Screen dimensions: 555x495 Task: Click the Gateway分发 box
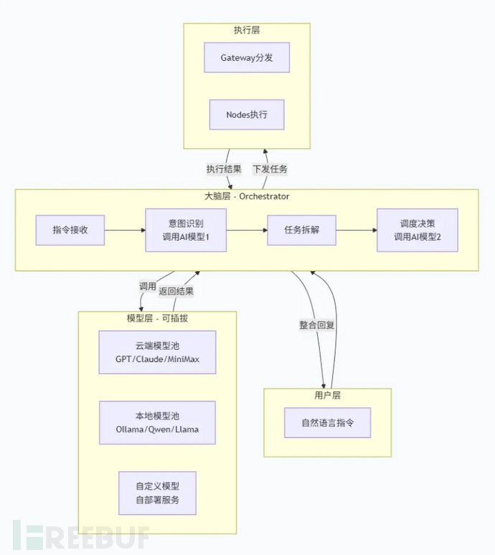click(x=247, y=58)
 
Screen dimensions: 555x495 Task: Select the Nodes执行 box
click(x=247, y=115)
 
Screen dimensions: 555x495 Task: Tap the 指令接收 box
click(x=70, y=230)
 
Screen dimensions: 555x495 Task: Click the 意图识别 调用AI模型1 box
click(x=187, y=230)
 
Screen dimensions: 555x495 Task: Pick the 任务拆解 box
click(x=302, y=230)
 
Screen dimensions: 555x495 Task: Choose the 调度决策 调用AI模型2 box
click(x=418, y=230)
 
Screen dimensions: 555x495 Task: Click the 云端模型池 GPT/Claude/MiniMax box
click(x=157, y=352)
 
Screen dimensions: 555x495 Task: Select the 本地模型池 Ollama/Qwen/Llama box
click(x=157, y=422)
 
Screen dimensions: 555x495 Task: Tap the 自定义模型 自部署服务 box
click(x=157, y=493)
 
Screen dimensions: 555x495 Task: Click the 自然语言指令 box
click(x=327, y=422)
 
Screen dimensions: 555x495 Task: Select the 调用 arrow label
click(x=147, y=286)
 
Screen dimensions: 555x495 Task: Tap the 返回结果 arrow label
click(x=176, y=292)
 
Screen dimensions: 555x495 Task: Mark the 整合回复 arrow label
click(x=317, y=325)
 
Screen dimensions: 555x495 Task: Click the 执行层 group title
click(x=247, y=31)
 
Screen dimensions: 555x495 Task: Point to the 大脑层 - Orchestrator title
click(x=247, y=196)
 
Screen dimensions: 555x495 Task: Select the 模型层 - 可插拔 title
click(x=157, y=318)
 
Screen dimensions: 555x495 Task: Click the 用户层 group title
click(x=327, y=396)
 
